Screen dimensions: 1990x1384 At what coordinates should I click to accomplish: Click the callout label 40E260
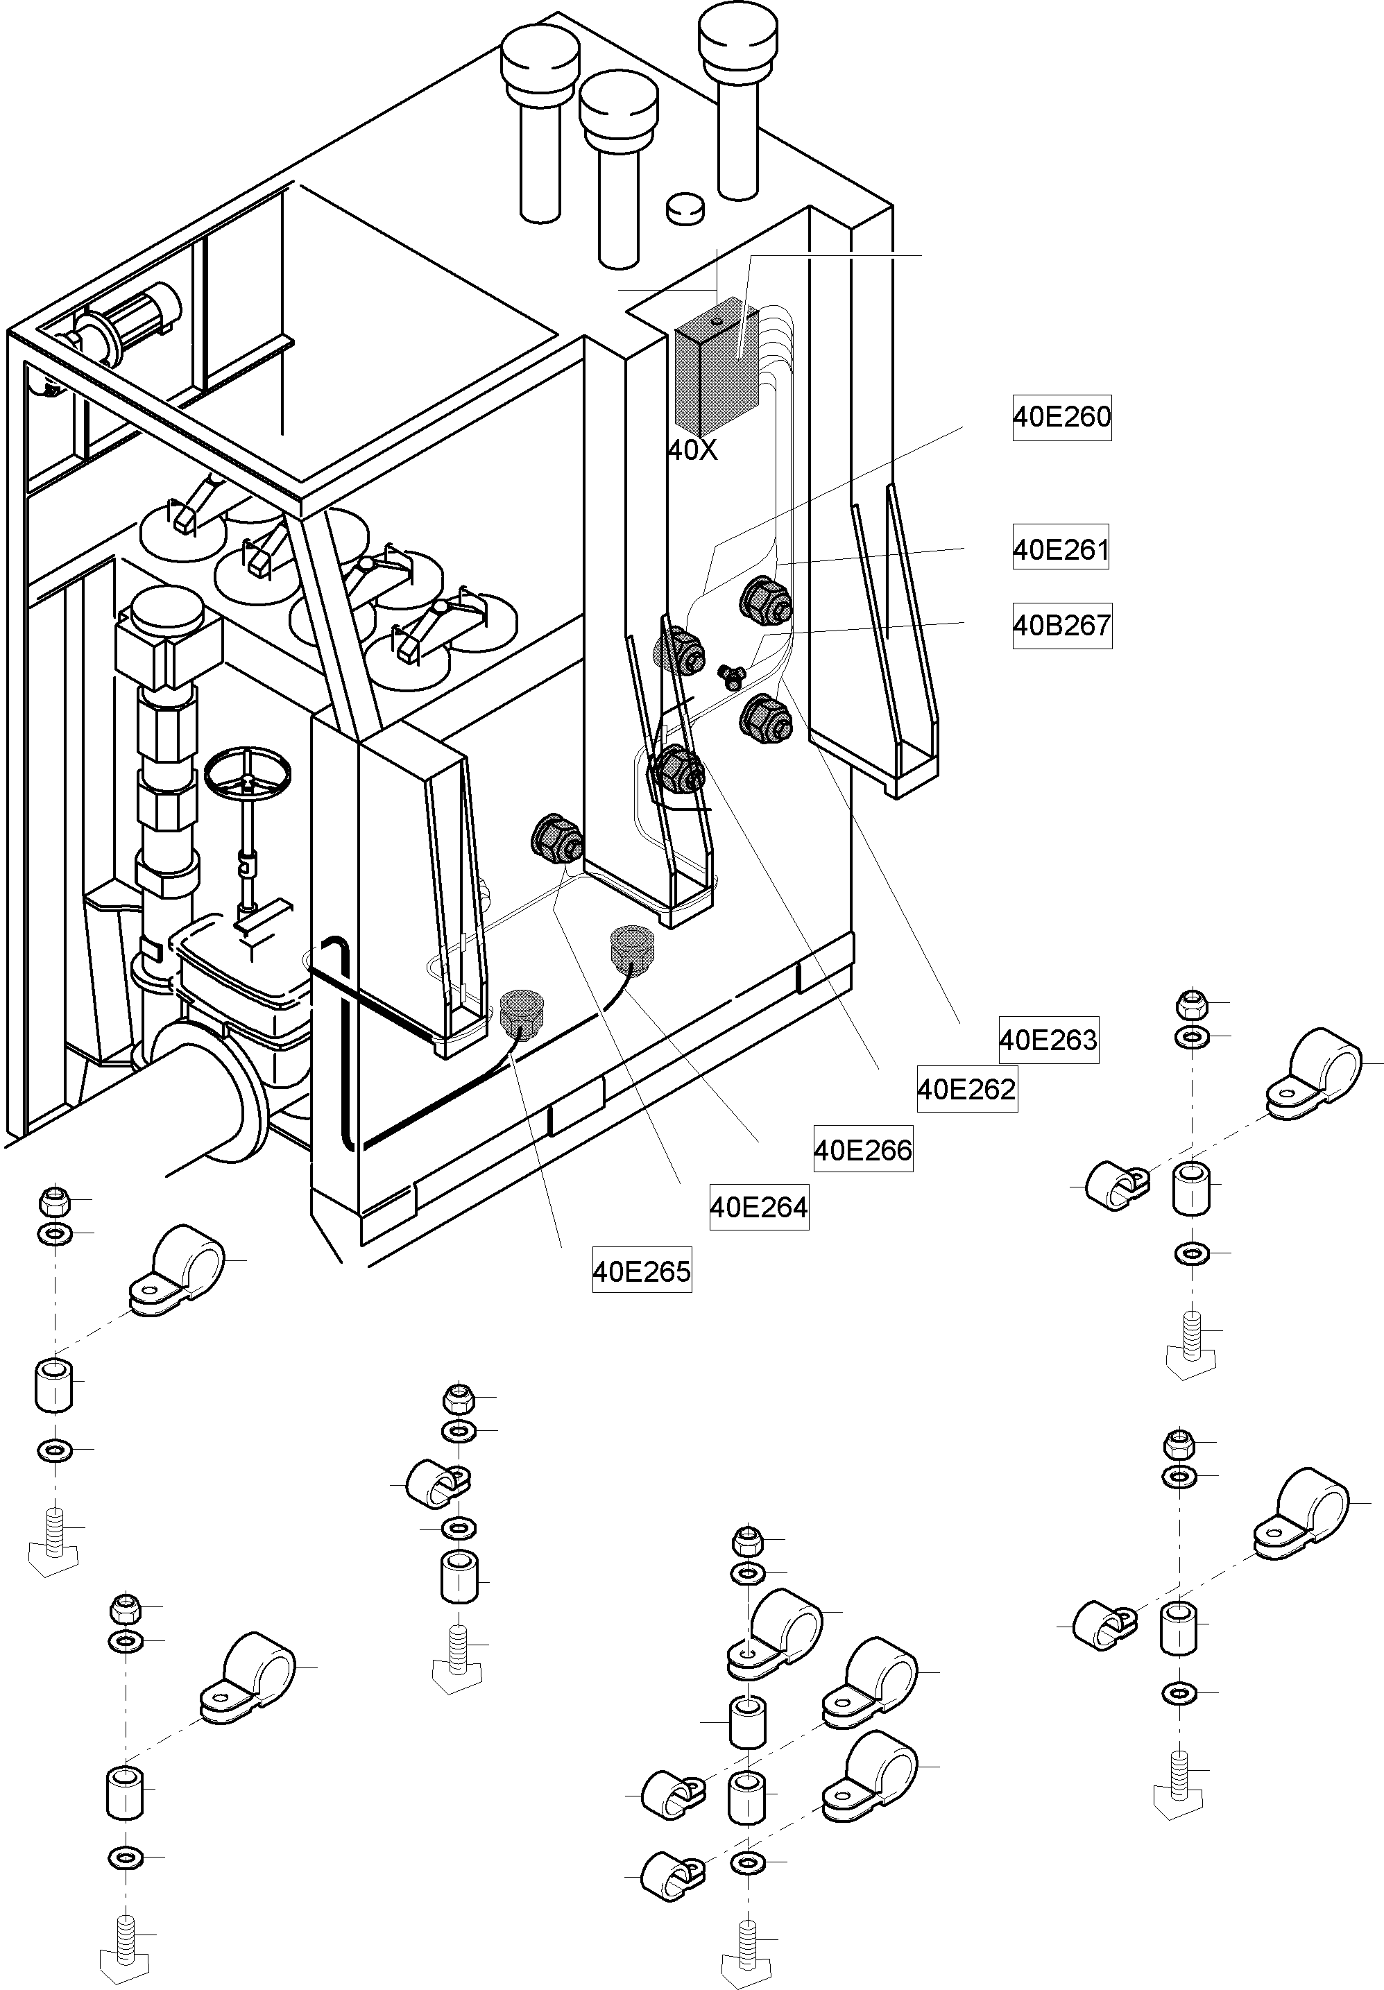coord(1061,417)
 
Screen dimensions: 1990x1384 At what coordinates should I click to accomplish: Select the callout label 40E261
coord(1060,549)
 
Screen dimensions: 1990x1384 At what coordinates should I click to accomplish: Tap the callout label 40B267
coord(1061,625)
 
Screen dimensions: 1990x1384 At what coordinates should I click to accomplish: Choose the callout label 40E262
coord(966,1088)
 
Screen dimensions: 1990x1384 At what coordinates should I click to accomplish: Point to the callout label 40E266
coord(862,1149)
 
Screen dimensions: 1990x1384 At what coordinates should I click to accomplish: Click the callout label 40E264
coord(758,1206)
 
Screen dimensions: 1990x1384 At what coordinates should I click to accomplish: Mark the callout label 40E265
coord(641,1271)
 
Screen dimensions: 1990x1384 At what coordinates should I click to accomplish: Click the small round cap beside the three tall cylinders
coord(685,209)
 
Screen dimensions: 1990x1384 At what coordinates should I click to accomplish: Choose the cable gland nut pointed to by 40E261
coord(766,599)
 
